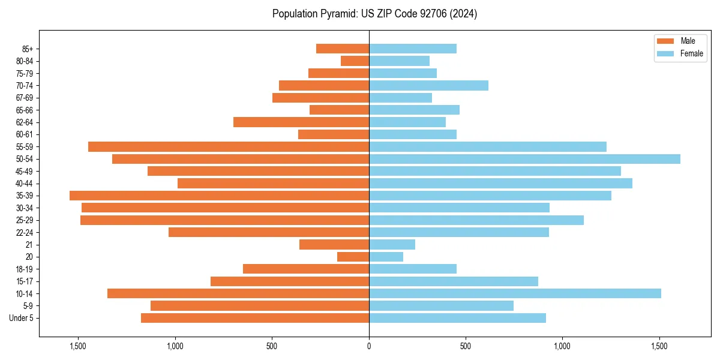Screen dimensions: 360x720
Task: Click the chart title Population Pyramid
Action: [374, 14]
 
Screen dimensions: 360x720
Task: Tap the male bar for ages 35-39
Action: [219, 196]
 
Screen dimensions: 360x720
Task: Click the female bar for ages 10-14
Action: [515, 293]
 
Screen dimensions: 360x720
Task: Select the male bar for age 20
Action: [353, 257]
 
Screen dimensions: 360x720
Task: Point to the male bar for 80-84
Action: [355, 61]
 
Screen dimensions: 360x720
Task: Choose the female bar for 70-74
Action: [428, 85]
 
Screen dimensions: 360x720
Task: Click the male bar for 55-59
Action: [229, 146]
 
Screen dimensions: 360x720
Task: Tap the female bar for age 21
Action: [392, 245]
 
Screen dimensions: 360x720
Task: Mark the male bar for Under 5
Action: [255, 318]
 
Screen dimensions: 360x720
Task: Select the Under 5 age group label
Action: [22, 318]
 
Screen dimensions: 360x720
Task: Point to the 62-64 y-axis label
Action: [25, 122]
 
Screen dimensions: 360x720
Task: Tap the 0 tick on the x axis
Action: [369, 346]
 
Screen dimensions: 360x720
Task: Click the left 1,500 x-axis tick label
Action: [78, 346]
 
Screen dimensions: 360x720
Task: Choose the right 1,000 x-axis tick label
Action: [562, 346]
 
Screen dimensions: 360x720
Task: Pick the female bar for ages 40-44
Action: [500, 183]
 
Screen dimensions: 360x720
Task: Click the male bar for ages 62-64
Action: [301, 122]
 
